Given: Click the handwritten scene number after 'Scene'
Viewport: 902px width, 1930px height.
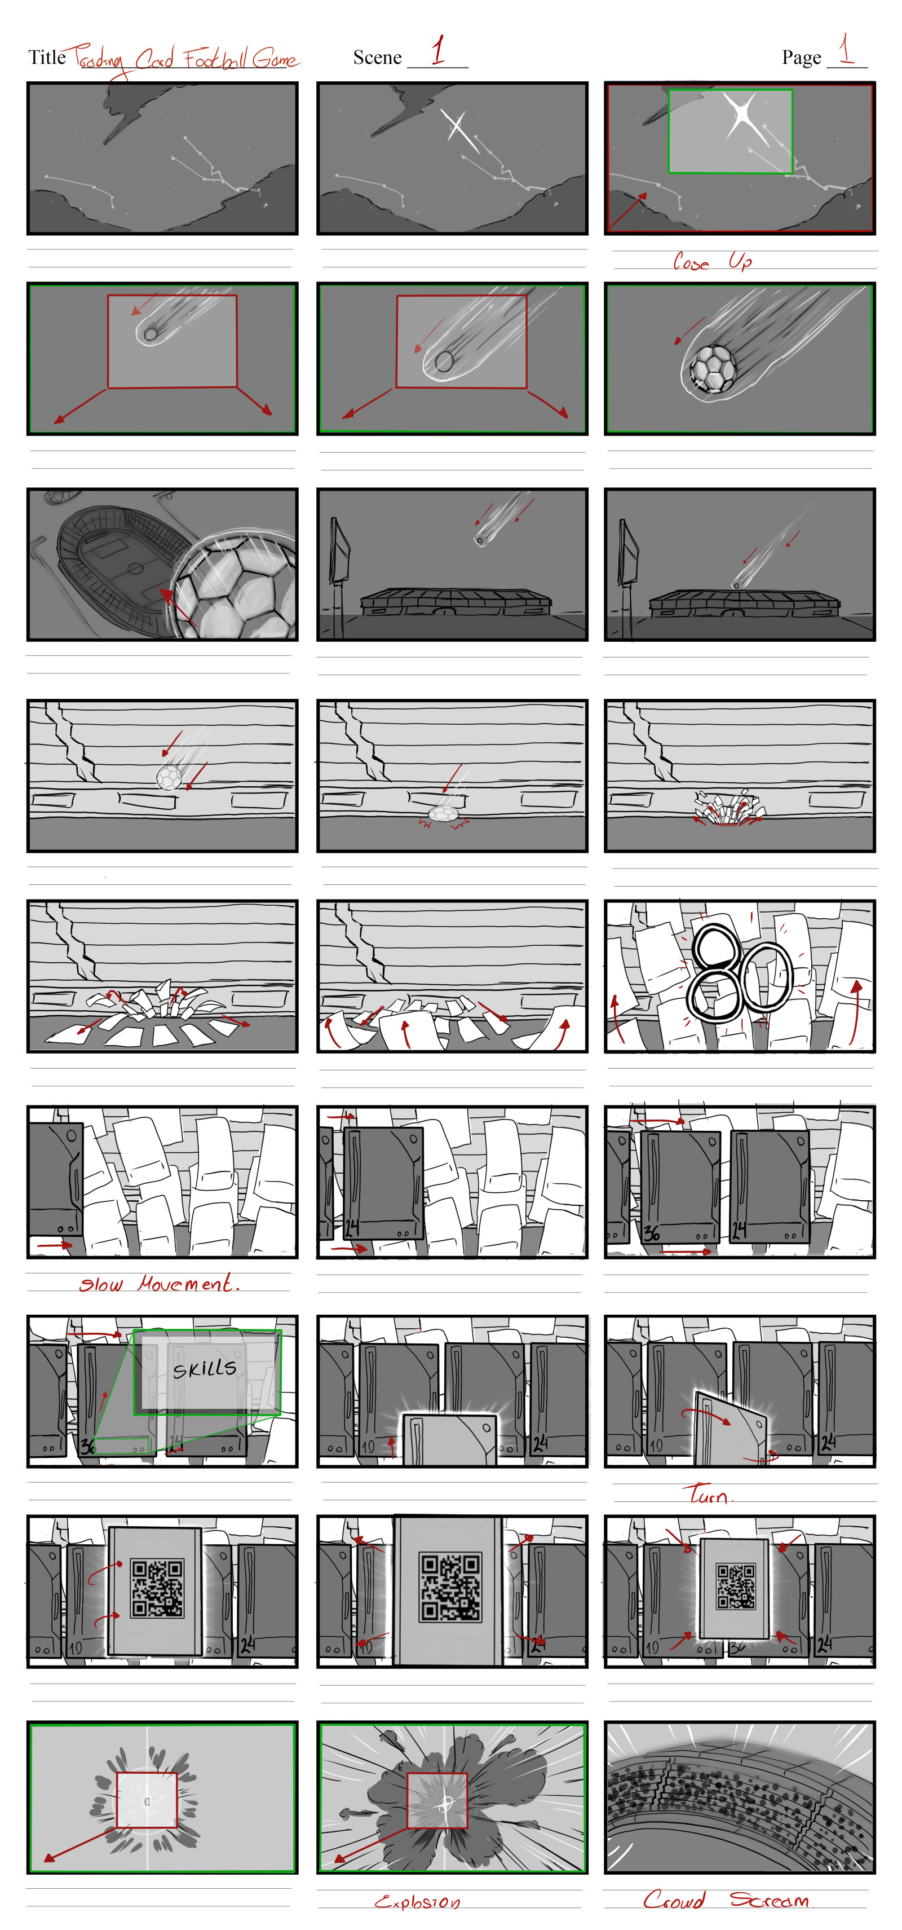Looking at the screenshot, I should [438, 50].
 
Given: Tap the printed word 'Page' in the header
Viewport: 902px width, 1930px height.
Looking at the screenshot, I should [801, 58].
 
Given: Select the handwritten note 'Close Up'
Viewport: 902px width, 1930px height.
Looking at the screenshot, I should [711, 262].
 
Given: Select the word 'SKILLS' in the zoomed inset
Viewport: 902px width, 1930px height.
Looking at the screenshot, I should [205, 1369].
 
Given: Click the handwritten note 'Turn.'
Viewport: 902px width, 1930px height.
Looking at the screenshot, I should [708, 1496].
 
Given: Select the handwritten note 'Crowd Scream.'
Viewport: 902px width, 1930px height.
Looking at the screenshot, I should [727, 1900].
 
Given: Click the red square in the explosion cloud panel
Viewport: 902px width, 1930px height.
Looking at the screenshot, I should [437, 1800].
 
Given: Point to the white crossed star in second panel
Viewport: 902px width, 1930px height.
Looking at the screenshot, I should [456, 125].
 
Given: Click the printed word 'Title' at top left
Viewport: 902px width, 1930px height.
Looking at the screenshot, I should [47, 58].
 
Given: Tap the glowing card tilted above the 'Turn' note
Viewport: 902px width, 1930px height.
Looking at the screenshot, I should [729, 1427].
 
